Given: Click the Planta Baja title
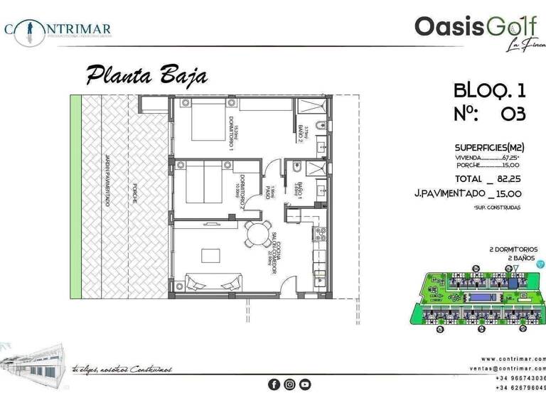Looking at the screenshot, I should tap(146, 75).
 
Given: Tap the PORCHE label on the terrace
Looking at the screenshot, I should tap(134, 194).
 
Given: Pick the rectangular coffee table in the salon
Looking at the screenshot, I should tap(209, 256).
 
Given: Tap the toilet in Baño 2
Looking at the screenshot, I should tap(322, 127).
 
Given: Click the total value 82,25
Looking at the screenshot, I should tap(507, 178).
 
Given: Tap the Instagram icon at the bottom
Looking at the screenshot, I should tap(289, 384).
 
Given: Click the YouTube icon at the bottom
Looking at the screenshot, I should tap(305, 384).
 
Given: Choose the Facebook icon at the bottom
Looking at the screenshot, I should tap(274, 384).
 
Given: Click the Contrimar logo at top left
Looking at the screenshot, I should tap(57, 29).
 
